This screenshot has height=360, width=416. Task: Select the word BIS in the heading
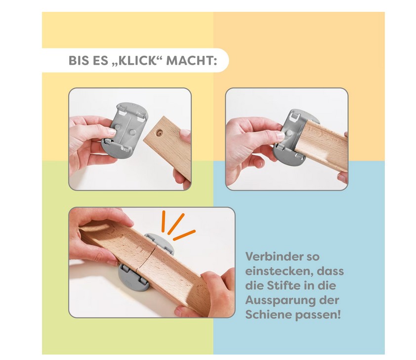click(x=79, y=60)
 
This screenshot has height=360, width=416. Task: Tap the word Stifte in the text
click(x=285, y=285)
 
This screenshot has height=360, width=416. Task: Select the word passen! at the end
click(x=318, y=315)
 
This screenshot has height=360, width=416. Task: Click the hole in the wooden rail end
click(x=160, y=132)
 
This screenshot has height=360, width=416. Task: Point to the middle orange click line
click(x=175, y=224)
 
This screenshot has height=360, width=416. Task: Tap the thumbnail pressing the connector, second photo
click(x=280, y=136)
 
